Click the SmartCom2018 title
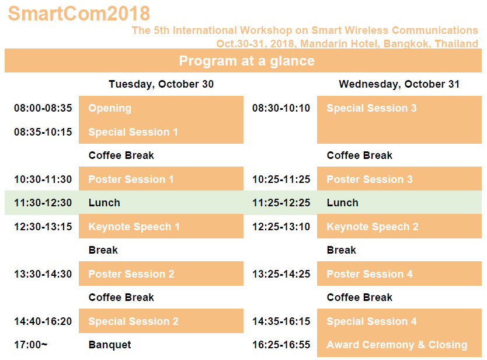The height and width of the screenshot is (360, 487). coord(79,13)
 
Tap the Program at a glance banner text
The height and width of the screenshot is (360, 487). coord(247,61)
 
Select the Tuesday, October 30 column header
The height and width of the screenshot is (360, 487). coord(161,84)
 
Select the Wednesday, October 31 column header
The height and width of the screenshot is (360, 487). coord(399,84)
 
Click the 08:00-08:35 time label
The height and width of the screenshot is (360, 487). coord(43,108)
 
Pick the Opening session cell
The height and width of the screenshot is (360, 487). coord(110,108)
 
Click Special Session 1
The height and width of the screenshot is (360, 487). coord(133,132)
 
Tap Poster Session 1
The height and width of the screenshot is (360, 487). coord(131,179)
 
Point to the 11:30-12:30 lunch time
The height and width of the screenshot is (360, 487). coord(43,203)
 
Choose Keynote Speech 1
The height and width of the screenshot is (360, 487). coord(134,227)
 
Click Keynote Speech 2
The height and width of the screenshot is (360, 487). coord(373,227)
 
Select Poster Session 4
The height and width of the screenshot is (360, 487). coord(370,274)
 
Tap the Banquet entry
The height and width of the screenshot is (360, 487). coord(110,345)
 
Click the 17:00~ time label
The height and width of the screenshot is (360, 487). coord(31,345)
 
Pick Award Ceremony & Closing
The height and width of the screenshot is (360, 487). coord(397,345)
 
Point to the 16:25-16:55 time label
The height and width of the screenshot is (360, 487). coord(281,345)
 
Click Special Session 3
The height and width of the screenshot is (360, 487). coord(371,108)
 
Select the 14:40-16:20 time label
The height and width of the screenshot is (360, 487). coord(43,321)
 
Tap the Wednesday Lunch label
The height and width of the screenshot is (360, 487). coord(343,203)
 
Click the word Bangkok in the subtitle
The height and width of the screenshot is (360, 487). coord(406,44)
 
